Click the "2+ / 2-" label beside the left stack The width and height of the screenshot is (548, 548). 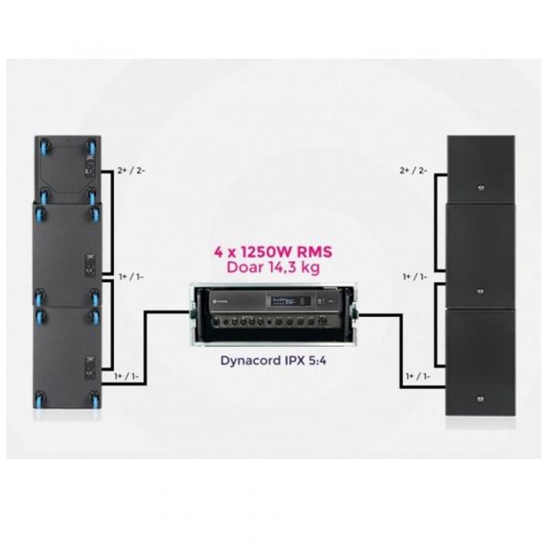pos(131,171)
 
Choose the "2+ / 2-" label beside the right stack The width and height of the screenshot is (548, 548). pos(414,171)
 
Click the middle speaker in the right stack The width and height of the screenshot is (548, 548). pos(480,256)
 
